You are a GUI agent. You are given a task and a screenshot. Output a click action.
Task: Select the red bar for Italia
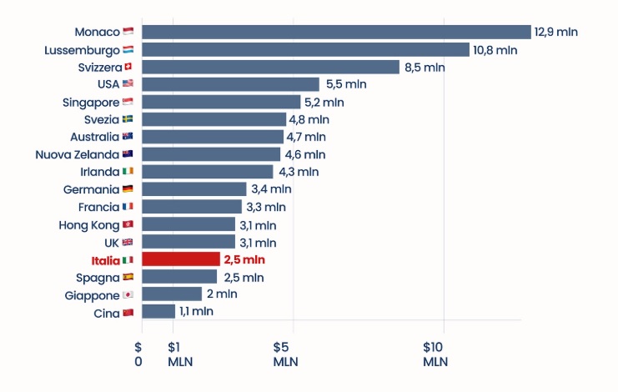pyautogui.click(x=181, y=259)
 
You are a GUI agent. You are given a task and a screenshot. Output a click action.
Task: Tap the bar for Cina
pyautogui.click(x=158, y=311)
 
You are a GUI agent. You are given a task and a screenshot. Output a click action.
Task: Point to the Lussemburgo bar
pyautogui.click(x=305, y=49)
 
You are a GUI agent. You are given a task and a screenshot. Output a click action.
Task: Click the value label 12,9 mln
pyautogui.click(x=556, y=32)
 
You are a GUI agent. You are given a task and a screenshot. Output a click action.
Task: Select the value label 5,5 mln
pyautogui.click(x=346, y=84)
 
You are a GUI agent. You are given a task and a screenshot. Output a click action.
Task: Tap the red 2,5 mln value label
pyautogui.click(x=244, y=259)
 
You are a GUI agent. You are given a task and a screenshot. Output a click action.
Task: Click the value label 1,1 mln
pyautogui.click(x=196, y=311)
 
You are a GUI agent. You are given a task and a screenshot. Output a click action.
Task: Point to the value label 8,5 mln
pyautogui.click(x=425, y=67)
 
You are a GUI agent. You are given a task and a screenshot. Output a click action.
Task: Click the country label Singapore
pyautogui.click(x=91, y=102)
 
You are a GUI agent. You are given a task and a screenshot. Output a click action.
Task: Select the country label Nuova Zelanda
pyautogui.click(x=77, y=154)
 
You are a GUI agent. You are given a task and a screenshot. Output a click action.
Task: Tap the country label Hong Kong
pyautogui.click(x=89, y=224)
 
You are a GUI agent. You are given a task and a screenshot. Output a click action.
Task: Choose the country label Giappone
pyautogui.click(x=92, y=294)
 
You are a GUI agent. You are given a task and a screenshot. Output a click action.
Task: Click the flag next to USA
pyautogui.click(x=128, y=84)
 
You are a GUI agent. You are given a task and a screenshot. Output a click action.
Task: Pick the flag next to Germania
pyautogui.click(x=128, y=189)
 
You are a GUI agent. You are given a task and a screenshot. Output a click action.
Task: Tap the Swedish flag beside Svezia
pyautogui.click(x=128, y=119)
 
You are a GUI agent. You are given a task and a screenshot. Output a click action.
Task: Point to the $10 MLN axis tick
pyautogui.click(x=435, y=354)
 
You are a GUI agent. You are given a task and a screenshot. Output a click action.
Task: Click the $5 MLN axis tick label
pyautogui.click(x=285, y=354)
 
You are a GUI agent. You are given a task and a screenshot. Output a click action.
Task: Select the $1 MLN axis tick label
pyautogui.click(x=179, y=354)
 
